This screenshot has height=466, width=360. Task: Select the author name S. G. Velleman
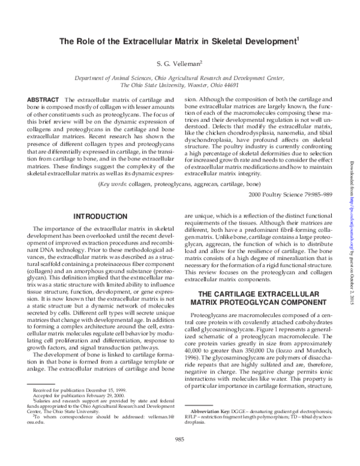pyautogui.click(x=179, y=63)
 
